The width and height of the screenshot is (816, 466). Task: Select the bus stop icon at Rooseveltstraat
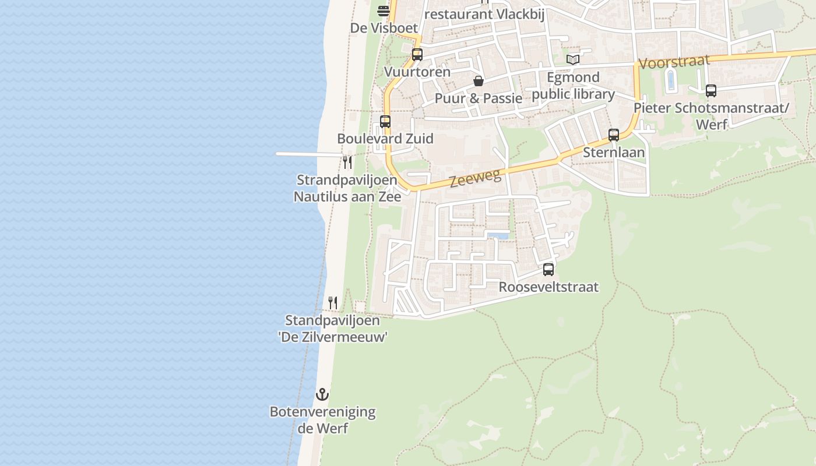pos(548,270)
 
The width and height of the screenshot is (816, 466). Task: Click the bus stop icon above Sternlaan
pos(614,135)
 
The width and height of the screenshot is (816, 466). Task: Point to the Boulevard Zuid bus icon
pos(385,122)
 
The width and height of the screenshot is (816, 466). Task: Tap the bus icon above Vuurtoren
pos(417,55)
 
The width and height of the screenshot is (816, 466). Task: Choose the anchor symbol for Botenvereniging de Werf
pos(322,394)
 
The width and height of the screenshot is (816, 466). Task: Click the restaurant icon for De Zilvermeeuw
pos(333,303)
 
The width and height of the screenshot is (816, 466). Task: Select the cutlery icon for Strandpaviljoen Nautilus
pos(347,162)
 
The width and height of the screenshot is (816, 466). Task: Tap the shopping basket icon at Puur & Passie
pos(479,81)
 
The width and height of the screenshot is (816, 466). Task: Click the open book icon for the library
pos(574,59)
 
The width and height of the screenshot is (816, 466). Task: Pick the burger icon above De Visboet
pos(384,10)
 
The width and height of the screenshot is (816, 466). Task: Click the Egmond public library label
pos(574,86)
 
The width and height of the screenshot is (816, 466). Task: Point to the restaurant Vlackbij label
pos(484,14)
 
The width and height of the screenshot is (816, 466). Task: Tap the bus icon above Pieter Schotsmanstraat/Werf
pos(711,91)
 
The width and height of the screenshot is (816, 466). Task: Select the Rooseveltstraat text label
pos(548,287)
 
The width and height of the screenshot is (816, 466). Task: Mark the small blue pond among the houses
pos(497,235)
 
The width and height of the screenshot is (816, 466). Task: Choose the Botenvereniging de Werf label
pos(322,420)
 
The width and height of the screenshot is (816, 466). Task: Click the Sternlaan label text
pos(614,153)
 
